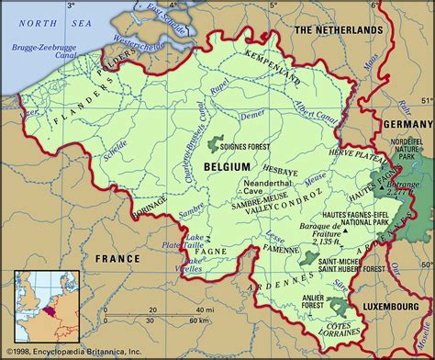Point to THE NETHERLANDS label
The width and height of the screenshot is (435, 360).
338,30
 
